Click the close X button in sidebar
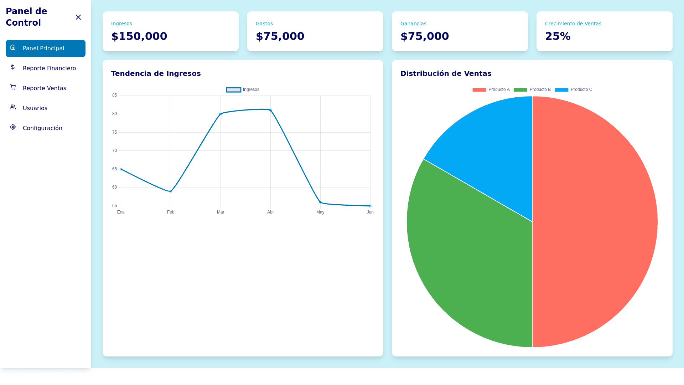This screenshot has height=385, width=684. click(x=78, y=17)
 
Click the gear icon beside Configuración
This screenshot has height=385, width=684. click(x=13, y=127)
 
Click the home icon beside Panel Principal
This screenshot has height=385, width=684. click(x=13, y=47)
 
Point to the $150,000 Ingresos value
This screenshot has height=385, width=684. click(x=139, y=36)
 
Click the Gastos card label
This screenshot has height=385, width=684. click(x=264, y=24)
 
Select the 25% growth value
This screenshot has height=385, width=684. click(x=558, y=36)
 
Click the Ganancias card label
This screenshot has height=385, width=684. click(x=413, y=24)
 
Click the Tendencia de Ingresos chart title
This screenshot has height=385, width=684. click(x=156, y=73)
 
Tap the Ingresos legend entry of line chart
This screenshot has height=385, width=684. click(x=243, y=89)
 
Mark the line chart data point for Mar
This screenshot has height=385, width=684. click(x=221, y=114)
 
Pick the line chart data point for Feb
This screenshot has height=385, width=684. click(x=171, y=191)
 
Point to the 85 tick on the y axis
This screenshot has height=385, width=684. click(x=114, y=95)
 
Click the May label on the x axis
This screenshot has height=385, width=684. click(x=320, y=212)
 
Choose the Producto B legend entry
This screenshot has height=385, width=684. click(x=532, y=89)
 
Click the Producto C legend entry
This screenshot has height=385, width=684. click(x=573, y=89)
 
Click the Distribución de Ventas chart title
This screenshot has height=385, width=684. click(x=446, y=73)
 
